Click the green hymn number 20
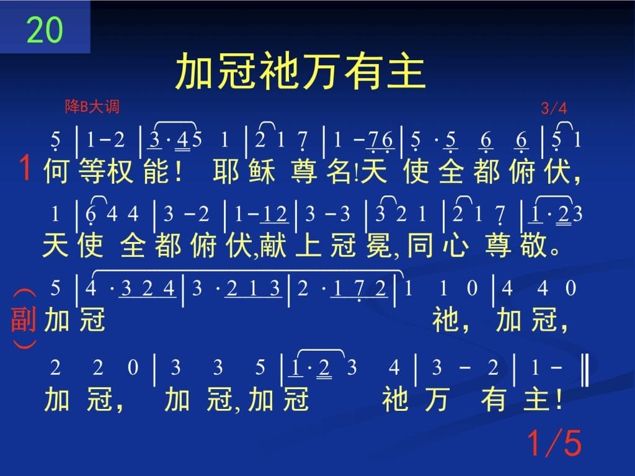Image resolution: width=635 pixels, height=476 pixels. tap(45, 30)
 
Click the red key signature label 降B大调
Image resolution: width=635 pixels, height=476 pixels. tap(92, 107)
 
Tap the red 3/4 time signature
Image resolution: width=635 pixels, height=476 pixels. tap(554, 108)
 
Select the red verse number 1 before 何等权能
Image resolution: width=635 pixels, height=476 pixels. tap(25, 168)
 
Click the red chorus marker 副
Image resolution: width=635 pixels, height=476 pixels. tap(24, 319)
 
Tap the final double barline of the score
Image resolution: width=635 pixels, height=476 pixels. tap(585, 369)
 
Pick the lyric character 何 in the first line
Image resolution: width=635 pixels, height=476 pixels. tap(56, 171)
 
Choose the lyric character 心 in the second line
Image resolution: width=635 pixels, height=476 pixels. tap(456, 245)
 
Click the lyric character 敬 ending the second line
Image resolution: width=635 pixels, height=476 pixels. tap(534, 245)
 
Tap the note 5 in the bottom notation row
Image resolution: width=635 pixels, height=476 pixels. tap(260, 368)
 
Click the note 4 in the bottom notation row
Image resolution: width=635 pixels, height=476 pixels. tap(394, 368)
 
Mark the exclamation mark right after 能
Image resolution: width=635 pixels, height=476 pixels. tap(179, 171)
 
